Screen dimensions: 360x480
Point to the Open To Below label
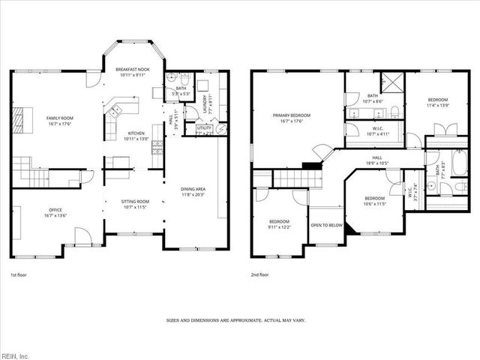pos(327,225)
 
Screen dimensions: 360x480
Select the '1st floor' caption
pos(20,275)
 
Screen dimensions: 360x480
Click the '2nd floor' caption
pos(260,275)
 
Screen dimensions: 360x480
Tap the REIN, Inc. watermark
pos(16,355)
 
